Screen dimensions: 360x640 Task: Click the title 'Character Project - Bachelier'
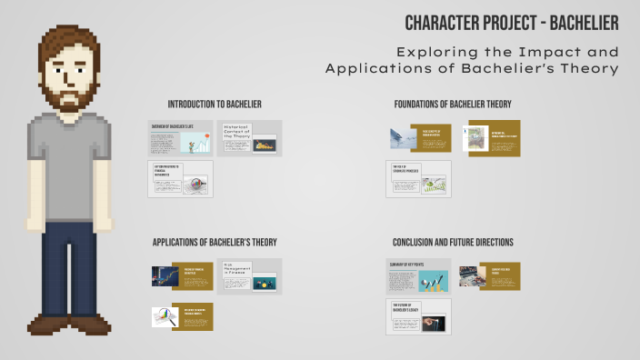[x=512, y=21]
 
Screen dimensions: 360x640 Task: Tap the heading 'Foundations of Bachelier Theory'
[x=452, y=105]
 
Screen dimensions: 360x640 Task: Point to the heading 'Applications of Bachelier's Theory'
[x=215, y=243]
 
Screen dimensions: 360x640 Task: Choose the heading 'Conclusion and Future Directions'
[x=452, y=243]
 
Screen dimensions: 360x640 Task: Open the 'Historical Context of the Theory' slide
[x=249, y=138]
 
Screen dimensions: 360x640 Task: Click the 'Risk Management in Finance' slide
[x=249, y=276]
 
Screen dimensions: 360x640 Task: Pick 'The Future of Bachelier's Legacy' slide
[x=417, y=316]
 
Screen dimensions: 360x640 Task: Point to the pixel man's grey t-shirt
[x=69, y=168]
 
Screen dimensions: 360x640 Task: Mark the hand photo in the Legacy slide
[x=437, y=321]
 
